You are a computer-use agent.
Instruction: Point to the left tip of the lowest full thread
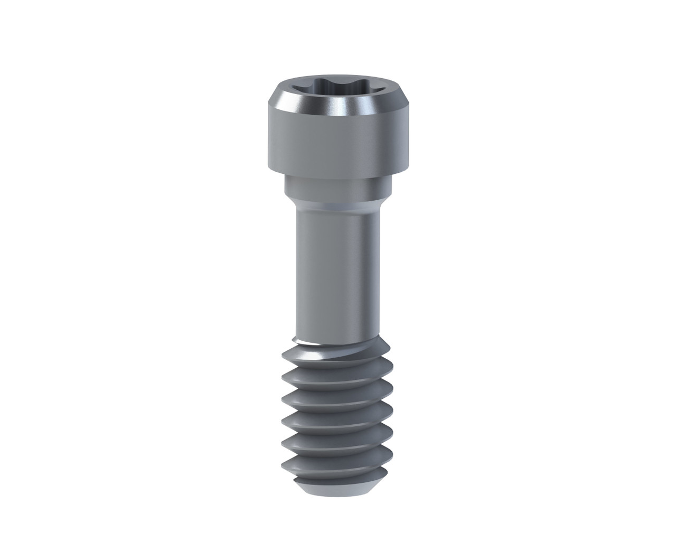coord(284,465)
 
